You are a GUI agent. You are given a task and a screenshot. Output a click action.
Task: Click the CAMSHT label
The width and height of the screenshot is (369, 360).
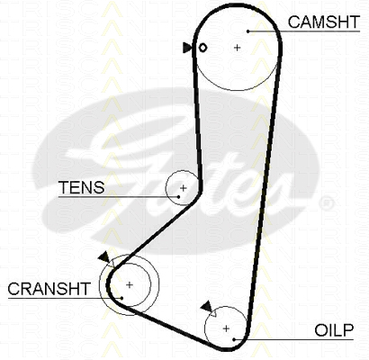(x=324, y=22)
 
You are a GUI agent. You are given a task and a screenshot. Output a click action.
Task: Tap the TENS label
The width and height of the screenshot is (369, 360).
(x=82, y=187)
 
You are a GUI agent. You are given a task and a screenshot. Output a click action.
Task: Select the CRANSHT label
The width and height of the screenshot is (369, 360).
(x=49, y=289)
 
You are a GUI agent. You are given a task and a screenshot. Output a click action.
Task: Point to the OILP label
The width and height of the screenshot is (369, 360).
(x=334, y=330)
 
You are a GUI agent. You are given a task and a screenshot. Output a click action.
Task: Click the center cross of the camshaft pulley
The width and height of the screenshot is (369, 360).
(x=238, y=48)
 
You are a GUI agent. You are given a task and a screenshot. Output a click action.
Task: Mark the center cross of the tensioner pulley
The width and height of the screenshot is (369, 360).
(x=183, y=188)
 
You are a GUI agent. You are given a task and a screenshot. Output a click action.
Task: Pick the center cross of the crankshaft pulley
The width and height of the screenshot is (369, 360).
(x=130, y=284)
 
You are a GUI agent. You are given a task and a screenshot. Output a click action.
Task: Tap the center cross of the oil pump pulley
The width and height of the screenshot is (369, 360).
(x=226, y=328)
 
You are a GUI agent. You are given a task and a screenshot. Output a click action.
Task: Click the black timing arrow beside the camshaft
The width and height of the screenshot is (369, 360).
(x=187, y=48)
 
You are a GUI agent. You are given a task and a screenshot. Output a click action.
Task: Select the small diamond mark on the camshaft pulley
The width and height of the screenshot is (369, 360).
(x=203, y=48)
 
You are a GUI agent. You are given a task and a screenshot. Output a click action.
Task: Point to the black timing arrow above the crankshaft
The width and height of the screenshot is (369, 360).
(x=103, y=257)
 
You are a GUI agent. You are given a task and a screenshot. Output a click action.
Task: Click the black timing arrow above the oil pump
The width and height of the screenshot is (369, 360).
(x=206, y=306)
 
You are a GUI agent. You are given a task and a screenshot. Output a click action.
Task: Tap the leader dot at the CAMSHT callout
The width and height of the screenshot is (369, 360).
(x=248, y=31)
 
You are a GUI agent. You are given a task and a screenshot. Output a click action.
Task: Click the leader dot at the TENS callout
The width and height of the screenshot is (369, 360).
(x=179, y=197)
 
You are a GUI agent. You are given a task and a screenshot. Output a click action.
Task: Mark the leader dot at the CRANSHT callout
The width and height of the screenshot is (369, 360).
(x=122, y=298)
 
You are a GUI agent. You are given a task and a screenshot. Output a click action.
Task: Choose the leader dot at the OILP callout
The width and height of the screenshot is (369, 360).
(x=234, y=339)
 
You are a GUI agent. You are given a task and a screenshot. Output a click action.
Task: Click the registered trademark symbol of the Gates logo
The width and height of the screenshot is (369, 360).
(x=326, y=203)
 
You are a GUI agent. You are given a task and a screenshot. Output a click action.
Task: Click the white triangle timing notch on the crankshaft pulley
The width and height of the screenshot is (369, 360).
(x=112, y=264)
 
